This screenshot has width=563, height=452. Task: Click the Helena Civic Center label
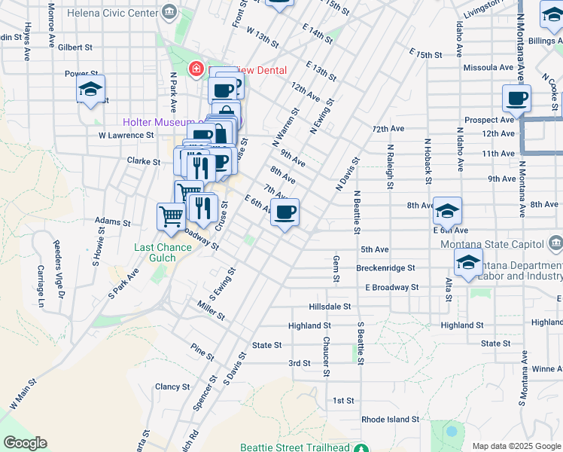point(114,13)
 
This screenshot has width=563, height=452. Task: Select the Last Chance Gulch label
point(154,252)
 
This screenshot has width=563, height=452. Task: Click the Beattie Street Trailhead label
point(294,447)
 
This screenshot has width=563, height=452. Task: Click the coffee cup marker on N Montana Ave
point(517,98)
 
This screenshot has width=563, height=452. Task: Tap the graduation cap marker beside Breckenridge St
point(468,263)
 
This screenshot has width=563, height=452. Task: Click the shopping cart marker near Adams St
point(171,216)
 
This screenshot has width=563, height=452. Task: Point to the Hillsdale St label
point(330,307)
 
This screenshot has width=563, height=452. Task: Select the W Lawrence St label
point(126,136)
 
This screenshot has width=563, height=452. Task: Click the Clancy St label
point(167,386)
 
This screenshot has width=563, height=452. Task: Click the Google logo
point(25,443)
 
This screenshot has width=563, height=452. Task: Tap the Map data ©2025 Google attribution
point(516,446)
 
